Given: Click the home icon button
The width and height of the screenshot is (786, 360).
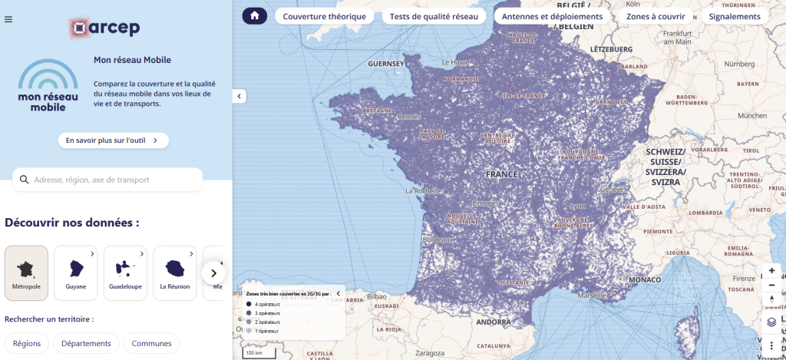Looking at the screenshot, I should pos(255,16).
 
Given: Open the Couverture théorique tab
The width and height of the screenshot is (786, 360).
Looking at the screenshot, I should pos(325,16).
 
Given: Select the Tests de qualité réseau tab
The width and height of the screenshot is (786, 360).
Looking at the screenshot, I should pos(434,16).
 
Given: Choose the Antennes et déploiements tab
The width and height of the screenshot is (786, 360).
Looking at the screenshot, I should pos(553,16).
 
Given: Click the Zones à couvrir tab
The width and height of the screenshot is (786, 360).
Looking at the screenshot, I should pos(656,16).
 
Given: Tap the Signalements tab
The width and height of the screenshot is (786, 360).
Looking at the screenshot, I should pos(735,16).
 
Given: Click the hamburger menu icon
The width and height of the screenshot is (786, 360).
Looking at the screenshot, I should pos(8,20).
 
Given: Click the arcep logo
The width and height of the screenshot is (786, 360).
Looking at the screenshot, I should pos(103,28).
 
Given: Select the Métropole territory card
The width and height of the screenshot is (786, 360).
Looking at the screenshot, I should pos(26,273).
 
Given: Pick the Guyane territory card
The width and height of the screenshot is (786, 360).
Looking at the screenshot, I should pos(76,273).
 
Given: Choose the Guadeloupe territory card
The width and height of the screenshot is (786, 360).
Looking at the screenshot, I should pos(125,273).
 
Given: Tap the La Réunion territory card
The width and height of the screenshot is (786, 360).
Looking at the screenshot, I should pos(174,273).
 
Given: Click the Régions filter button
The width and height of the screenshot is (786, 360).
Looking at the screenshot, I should pos(27,343).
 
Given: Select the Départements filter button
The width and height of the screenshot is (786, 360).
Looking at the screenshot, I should pos(86,343).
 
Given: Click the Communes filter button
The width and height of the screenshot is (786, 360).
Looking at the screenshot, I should pos(151,343).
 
